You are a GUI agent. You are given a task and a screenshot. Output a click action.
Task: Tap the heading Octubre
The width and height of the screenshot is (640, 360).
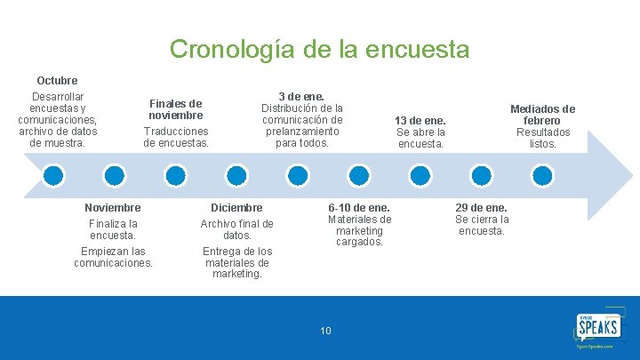[x=57, y=81]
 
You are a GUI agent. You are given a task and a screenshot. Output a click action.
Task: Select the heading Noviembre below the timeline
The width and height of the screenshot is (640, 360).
[x=113, y=207]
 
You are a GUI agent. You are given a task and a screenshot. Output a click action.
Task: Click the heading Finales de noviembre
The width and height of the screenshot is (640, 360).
[x=175, y=109]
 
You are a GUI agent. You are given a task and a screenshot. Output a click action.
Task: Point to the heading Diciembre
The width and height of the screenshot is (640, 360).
[x=236, y=207]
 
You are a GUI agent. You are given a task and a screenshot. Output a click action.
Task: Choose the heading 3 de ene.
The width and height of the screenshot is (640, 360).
[x=301, y=96]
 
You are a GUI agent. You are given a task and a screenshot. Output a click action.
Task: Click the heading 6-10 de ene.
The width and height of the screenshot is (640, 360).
[x=359, y=207]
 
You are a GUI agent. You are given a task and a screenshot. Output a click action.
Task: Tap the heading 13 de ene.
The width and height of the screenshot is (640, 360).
[x=420, y=121]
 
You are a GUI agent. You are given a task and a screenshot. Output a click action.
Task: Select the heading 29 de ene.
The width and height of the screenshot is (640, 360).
[x=482, y=207]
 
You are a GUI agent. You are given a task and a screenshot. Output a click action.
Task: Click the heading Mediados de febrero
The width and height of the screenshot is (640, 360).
[x=542, y=115]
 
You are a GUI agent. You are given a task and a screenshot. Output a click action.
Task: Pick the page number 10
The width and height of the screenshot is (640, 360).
[x=325, y=332]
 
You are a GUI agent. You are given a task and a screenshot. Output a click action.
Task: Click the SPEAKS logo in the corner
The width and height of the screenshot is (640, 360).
[x=599, y=329]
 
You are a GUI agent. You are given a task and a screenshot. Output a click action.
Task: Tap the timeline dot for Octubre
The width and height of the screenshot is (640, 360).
[x=54, y=173]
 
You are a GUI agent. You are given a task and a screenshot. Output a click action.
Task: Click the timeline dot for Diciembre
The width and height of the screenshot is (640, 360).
[x=236, y=173]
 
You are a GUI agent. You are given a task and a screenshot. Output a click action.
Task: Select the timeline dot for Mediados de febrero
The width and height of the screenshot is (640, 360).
[x=542, y=173]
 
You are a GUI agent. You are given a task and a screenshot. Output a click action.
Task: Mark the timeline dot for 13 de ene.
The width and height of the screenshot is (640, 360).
[x=420, y=173]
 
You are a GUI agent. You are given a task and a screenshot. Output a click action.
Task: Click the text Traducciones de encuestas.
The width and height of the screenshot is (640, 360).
[x=176, y=137]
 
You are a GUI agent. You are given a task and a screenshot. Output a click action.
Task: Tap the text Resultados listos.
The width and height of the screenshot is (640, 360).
[x=542, y=138]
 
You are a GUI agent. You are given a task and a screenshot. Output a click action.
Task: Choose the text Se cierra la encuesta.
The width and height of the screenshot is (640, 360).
[x=482, y=225]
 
